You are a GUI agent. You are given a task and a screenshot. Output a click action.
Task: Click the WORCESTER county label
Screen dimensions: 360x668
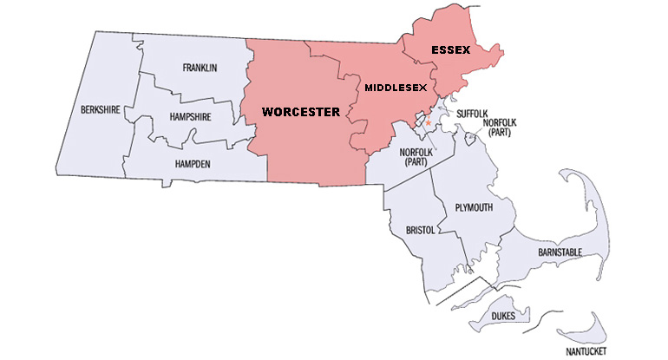pyautogui.click(x=299, y=112)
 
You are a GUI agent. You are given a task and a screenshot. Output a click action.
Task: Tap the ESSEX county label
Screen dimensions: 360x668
pyautogui.click(x=450, y=51)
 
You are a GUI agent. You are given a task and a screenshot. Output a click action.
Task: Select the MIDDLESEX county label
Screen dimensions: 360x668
pyautogui.click(x=396, y=88)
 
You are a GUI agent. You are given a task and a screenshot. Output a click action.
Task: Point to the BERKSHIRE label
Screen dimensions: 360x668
pyautogui.click(x=101, y=109)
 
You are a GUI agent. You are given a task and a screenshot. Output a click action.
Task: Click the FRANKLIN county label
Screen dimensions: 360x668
pyautogui.click(x=199, y=68)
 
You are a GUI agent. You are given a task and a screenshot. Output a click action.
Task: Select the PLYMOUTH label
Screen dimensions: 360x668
pyautogui.click(x=474, y=208)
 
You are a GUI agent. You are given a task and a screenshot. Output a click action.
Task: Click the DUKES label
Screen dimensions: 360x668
pyautogui.click(x=501, y=317)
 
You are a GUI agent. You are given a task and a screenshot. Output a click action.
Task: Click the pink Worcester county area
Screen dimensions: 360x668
pyautogui.click(x=304, y=147)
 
